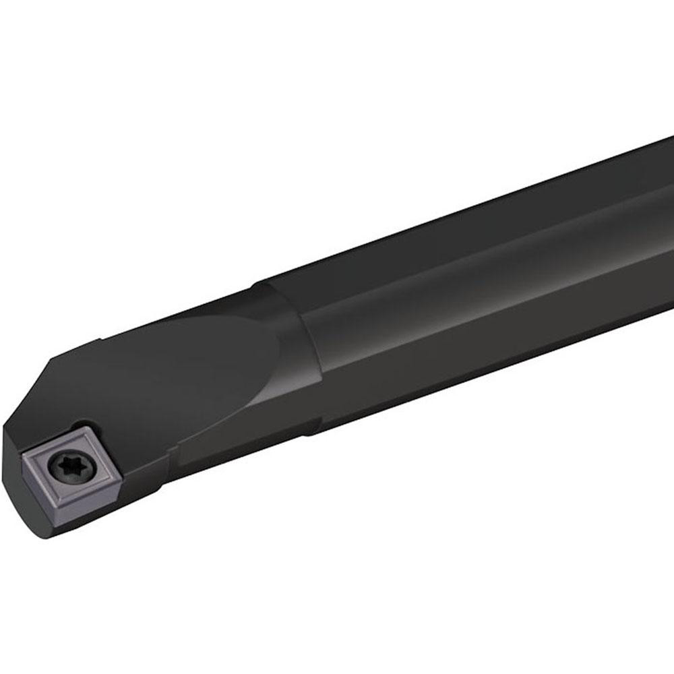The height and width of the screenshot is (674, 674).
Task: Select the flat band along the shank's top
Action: tap(472, 216)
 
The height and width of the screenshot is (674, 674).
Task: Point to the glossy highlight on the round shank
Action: tap(472, 283)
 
